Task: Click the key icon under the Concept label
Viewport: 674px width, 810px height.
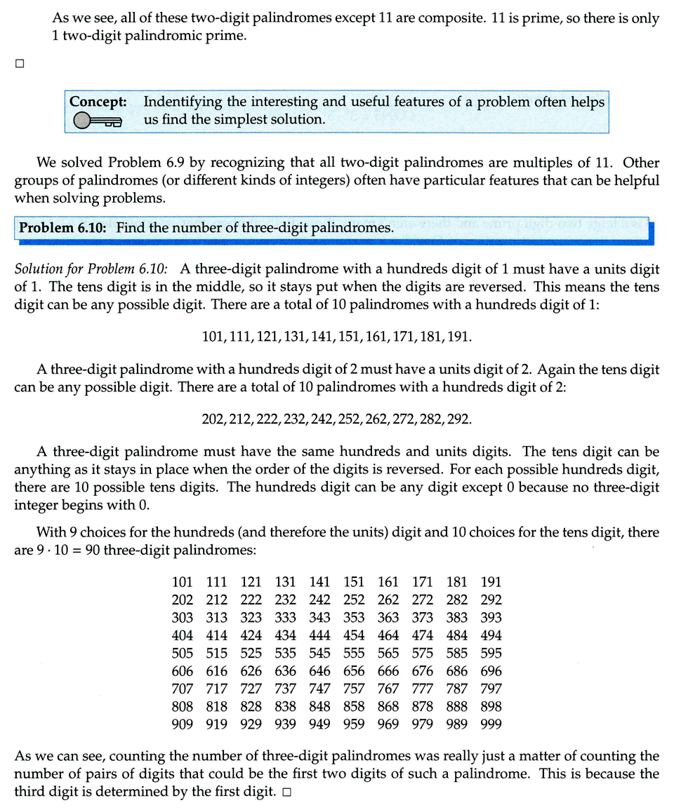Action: (97, 121)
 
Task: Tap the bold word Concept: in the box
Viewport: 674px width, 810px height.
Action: (98, 102)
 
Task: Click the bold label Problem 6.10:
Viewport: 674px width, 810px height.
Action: (65, 228)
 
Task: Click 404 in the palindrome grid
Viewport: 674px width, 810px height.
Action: (182, 635)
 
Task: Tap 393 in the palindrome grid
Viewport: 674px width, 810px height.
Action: (491, 618)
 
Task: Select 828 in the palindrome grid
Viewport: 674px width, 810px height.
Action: (251, 707)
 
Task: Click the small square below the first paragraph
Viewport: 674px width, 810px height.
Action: (20, 65)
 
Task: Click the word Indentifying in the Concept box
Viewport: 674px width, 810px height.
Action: (183, 102)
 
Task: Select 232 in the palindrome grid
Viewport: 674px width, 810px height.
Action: (285, 600)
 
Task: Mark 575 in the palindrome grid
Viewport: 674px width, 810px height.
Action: (422, 654)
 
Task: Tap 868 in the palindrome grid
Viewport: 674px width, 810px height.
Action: (388, 707)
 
